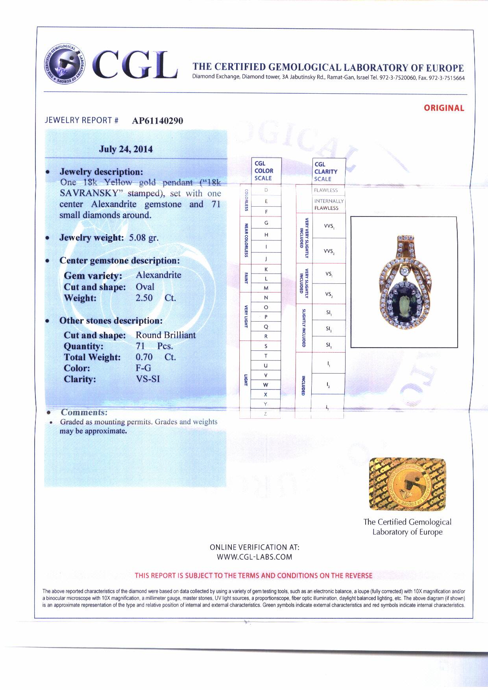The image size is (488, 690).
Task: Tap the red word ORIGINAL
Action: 444,108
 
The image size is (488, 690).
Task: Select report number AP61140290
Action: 157,121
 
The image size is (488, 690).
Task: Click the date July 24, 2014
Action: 126,149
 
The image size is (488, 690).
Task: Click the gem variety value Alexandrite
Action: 159,275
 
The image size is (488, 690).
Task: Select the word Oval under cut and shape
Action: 145,287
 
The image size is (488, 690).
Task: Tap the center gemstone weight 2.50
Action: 144,298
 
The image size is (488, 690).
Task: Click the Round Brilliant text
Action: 166,335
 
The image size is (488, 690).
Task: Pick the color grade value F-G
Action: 143,368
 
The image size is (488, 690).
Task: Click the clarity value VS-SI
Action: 148,379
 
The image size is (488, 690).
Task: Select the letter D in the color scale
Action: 266,190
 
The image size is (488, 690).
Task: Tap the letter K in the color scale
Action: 266,269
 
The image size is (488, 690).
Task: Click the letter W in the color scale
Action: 266,385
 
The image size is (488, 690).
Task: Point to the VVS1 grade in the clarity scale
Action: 329,226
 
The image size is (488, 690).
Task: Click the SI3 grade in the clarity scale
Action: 329,345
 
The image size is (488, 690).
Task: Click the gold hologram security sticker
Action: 407,484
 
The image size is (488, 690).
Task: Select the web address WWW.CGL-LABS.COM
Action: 254,557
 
